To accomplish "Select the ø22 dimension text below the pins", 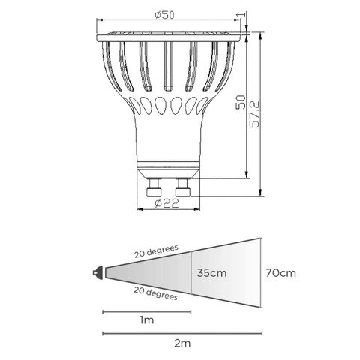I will click(169, 203).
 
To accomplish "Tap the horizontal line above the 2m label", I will click(180, 333).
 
